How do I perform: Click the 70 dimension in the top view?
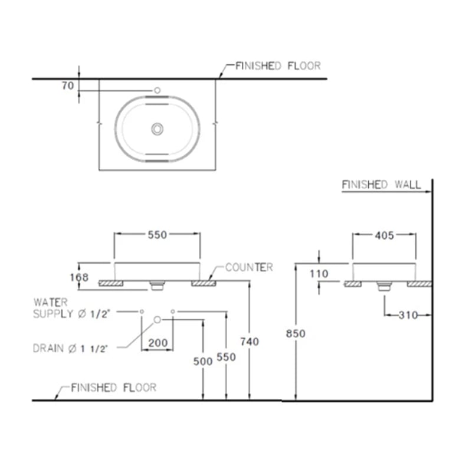pyautogui.click(x=67, y=86)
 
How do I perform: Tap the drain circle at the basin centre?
pyautogui.click(x=157, y=129)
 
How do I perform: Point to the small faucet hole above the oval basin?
pyautogui.click(x=158, y=90)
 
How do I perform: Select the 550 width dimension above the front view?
pyautogui.click(x=158, y=235)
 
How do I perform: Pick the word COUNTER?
pyautogui.click(x=249, y=267)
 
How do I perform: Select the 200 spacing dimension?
pyautogui.click(x=157, y=343)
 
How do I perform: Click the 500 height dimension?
pyautogui.click(x=202, y=362)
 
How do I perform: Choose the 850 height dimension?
pyautogui.click(x=296, y=333)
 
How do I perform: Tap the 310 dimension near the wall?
pyautogui.click(x=408, y=315)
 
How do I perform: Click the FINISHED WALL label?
pyautogui.click(x=381, y=185)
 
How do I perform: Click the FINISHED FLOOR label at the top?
pyautogui.click(x=277, y=65)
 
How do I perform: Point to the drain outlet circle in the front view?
pyautogui.click(x=158, y=319)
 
